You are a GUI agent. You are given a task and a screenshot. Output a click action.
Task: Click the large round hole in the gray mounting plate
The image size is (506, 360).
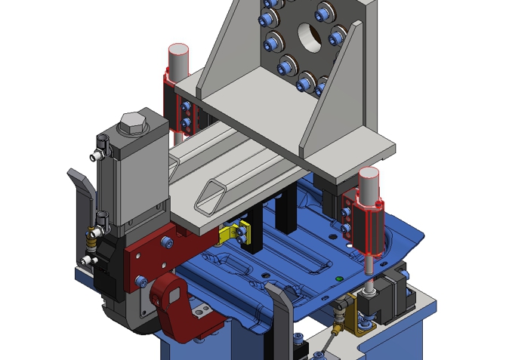308,35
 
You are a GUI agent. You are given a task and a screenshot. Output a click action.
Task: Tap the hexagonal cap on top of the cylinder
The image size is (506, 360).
133,123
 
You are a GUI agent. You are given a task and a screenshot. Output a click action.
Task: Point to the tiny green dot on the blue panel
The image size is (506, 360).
339,279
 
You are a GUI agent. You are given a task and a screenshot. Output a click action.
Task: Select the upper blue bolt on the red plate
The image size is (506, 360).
168,242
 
